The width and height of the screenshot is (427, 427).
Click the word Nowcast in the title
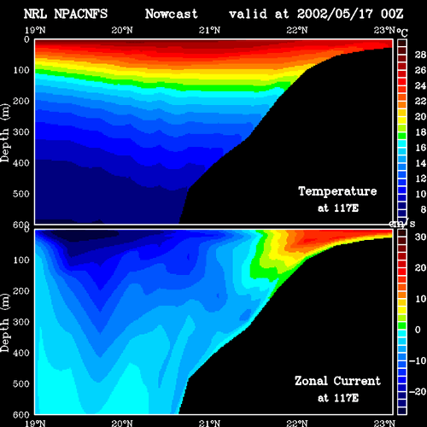tap(171, 14)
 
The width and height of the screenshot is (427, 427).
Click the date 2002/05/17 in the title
tap(335, 14)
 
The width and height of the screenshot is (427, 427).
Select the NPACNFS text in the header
tap(81, 14)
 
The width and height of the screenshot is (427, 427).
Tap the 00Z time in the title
tap(392, 14)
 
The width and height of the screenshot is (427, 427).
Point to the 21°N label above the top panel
tap(209, 30)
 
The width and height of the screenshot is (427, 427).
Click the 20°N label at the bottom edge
tap(122, 424)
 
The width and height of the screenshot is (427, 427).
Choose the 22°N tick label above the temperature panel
tap(297, 30)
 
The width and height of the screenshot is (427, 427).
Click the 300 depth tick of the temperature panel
tap(21, 132)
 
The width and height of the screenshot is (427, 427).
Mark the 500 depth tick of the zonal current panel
tap(21, 383)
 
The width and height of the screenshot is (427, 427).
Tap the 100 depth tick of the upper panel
tap(21, 70)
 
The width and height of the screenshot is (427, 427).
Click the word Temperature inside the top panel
tap(337, 191)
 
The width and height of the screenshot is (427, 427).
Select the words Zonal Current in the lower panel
tap(337, 381)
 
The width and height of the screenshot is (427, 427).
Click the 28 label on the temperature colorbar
tap(420, 55)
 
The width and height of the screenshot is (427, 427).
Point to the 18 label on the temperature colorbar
tap(420, 132)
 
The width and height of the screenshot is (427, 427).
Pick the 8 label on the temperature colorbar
tap(423, 209)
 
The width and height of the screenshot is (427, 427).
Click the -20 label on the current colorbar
tap(418, 392)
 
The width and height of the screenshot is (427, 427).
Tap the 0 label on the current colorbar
tap(418, 330)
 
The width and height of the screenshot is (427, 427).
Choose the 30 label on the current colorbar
tap(420, 237)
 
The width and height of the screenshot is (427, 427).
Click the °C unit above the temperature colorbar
tap(402, 32)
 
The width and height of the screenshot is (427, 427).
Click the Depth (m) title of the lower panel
tap(5, 323)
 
